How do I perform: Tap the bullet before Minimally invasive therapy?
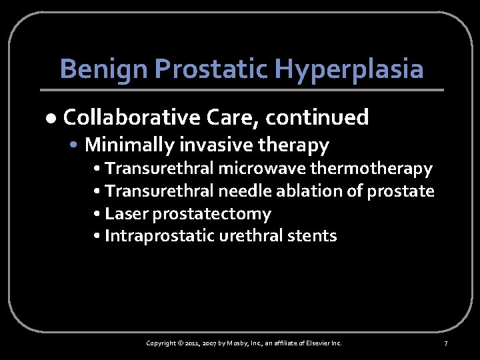pos(78,144)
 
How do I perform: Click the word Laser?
pos(123,213)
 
